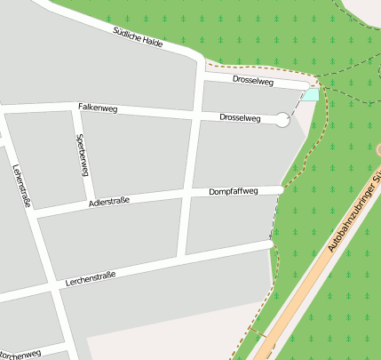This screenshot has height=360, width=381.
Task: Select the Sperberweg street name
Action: click(x=82, y=154)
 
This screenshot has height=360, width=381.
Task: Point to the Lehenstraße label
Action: click(x=22, y=187)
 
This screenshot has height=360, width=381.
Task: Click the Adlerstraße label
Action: click(x=109, y=203)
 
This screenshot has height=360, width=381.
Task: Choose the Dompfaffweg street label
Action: click(x=233, y=191)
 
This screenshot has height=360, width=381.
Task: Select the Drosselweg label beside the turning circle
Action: click(x=240, y=117)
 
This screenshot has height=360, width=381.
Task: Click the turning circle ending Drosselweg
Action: click(x=282, y=120)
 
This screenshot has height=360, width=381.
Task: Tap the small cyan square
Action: click(x=309, y=94)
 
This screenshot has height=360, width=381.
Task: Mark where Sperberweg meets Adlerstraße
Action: click(x=90, y=204)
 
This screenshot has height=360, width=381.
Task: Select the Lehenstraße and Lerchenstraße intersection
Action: click(x=49, y=289)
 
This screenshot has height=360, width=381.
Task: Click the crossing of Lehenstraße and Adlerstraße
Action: click(x=32, y=215)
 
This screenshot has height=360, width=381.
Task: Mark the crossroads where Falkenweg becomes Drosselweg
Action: click(x=195, y=115)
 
